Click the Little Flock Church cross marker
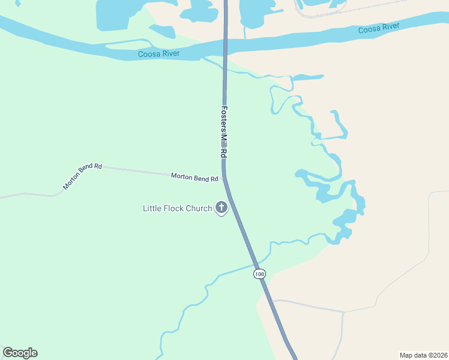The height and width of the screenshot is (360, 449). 221,208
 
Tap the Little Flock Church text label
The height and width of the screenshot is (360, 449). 177,209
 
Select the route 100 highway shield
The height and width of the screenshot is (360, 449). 259,274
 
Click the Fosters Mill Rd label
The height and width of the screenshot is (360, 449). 223,133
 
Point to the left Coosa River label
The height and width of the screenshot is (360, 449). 159,54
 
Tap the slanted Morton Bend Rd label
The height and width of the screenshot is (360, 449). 82,176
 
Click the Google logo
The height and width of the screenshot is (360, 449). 20,353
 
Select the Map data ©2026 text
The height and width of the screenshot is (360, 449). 423,355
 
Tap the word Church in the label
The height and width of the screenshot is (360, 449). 198,209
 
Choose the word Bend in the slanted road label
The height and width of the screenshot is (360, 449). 82,176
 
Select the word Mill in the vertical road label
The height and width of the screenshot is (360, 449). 223,140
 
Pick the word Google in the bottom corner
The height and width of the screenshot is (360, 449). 20,353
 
